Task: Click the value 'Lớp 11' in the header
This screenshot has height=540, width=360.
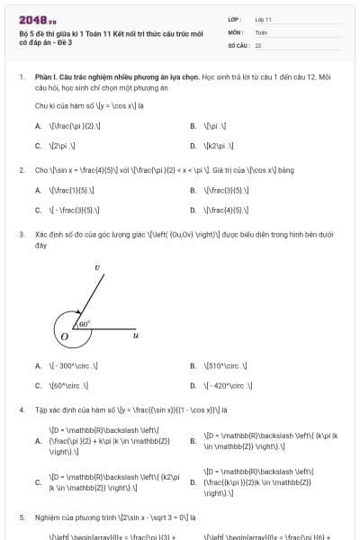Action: [264, 19]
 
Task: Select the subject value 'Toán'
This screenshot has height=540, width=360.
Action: [261, 31]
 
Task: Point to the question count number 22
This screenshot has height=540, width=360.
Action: [258, 44]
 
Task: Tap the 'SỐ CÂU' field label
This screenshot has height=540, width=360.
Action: [238, 44]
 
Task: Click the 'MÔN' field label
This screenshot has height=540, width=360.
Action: [236, 31]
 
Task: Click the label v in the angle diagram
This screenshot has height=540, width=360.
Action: [96, 267]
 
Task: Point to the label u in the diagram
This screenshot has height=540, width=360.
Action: [135, 335]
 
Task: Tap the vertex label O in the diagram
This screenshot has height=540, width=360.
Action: [64, 337]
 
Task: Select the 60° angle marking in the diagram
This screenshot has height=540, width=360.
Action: [84, 323]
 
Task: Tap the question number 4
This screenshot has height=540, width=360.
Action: [21, 409]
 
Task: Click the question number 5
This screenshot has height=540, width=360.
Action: [21, 518]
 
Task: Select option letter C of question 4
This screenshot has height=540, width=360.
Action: [38, 482]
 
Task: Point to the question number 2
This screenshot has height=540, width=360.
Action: [21, 169]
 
